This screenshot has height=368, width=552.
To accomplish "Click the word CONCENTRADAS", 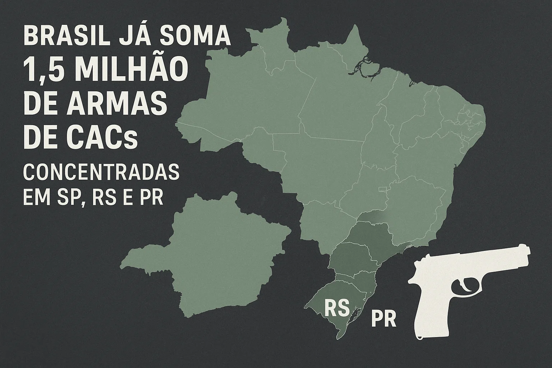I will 101,172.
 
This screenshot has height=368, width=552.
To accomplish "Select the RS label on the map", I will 337,308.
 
